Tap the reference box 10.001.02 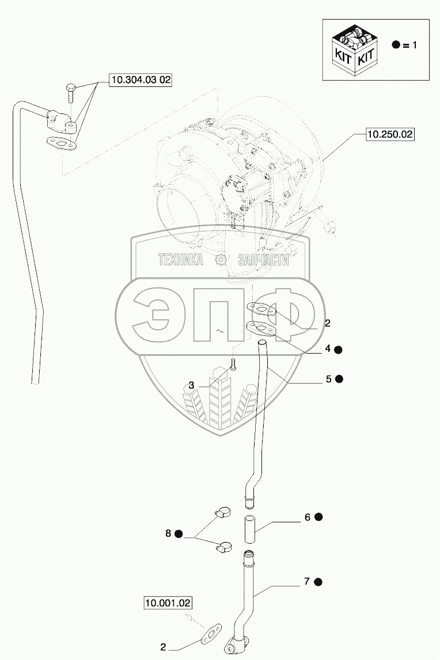(x=167, y=603)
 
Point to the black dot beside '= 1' (x=396, y=45)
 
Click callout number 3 (x=191, y=385)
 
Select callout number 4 (x=327, y=348)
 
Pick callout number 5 (x=328, y=379)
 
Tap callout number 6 (x=308, y=517)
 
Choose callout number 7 (x=308, y=582)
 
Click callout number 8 (x=168, y=534)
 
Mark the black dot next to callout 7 (x=318, y=582)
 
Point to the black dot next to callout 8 (x=179, y=534)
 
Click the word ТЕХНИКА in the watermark (x=180, y=260)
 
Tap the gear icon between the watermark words (x=219, y=260)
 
